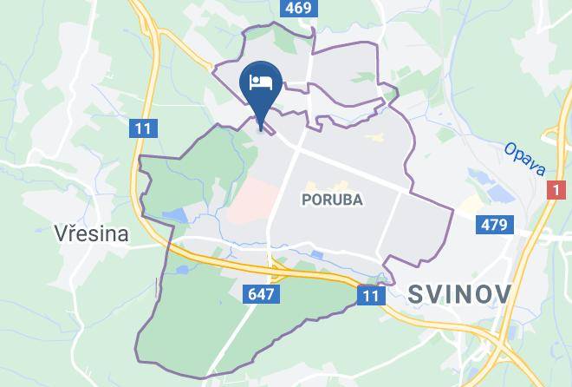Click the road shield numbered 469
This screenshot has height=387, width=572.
tap(296, 8)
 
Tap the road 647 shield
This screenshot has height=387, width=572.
tap(261, 294)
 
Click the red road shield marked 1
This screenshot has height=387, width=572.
tap(556, 190)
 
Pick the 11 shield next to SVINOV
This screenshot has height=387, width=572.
tap(371, 297)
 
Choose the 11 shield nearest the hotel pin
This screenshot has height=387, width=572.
tap(144, 129)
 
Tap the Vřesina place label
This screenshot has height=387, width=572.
tap(91, 233)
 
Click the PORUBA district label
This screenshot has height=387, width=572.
tap(332, 200)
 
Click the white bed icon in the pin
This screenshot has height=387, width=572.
tap(260, 83)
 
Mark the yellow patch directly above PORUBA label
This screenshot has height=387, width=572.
tap(338, 185)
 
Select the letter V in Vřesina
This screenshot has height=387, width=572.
tap(60, 233)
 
